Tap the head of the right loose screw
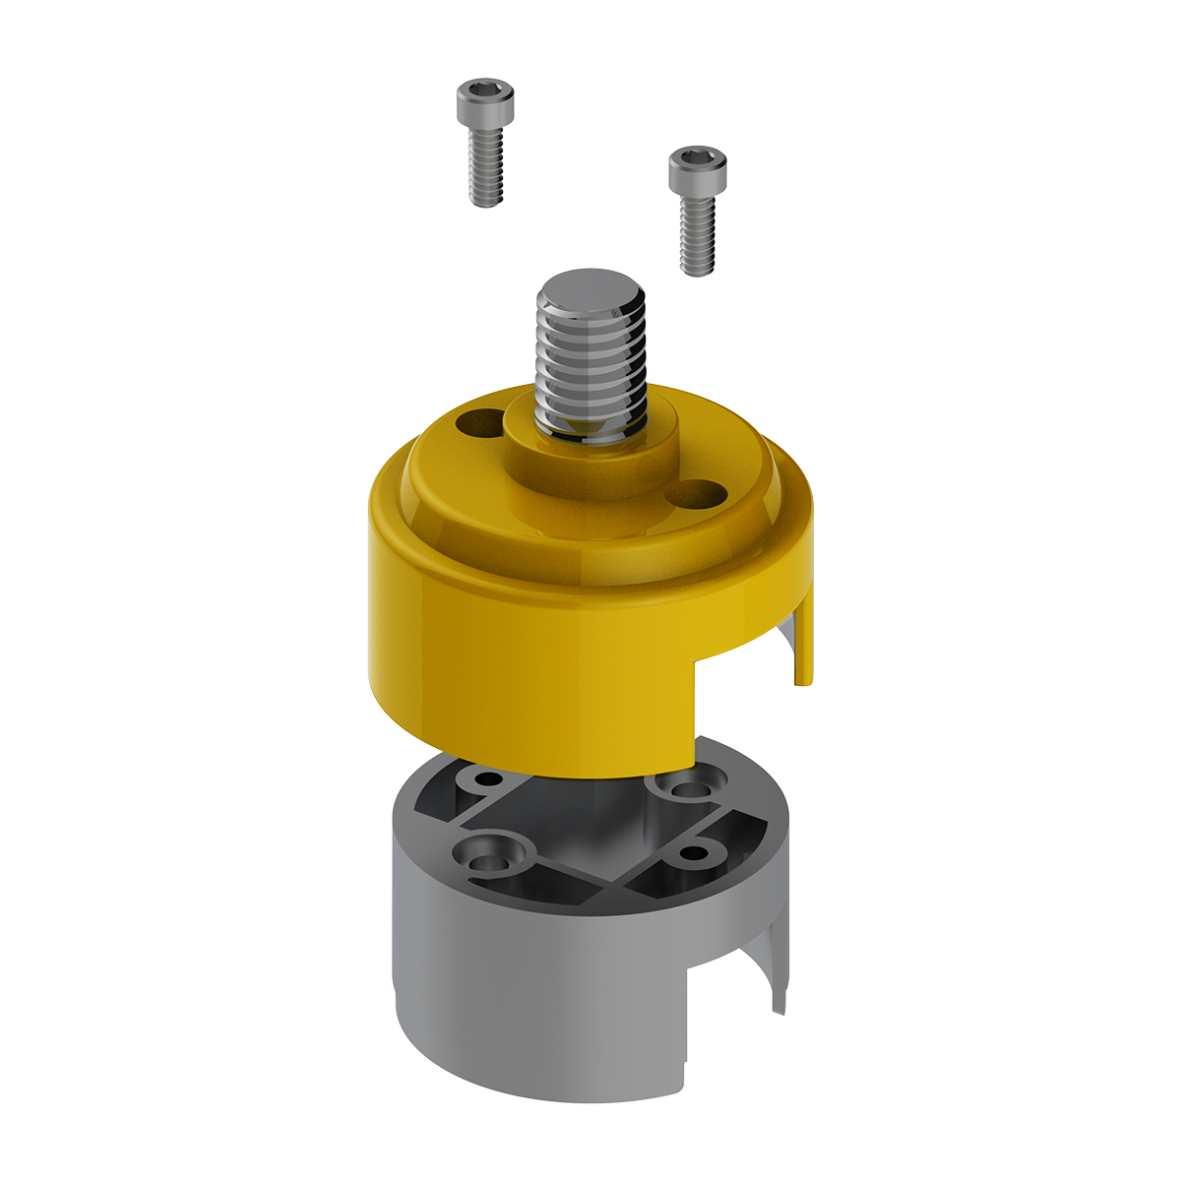pos(698,169)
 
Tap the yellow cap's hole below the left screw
pos(476,424)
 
